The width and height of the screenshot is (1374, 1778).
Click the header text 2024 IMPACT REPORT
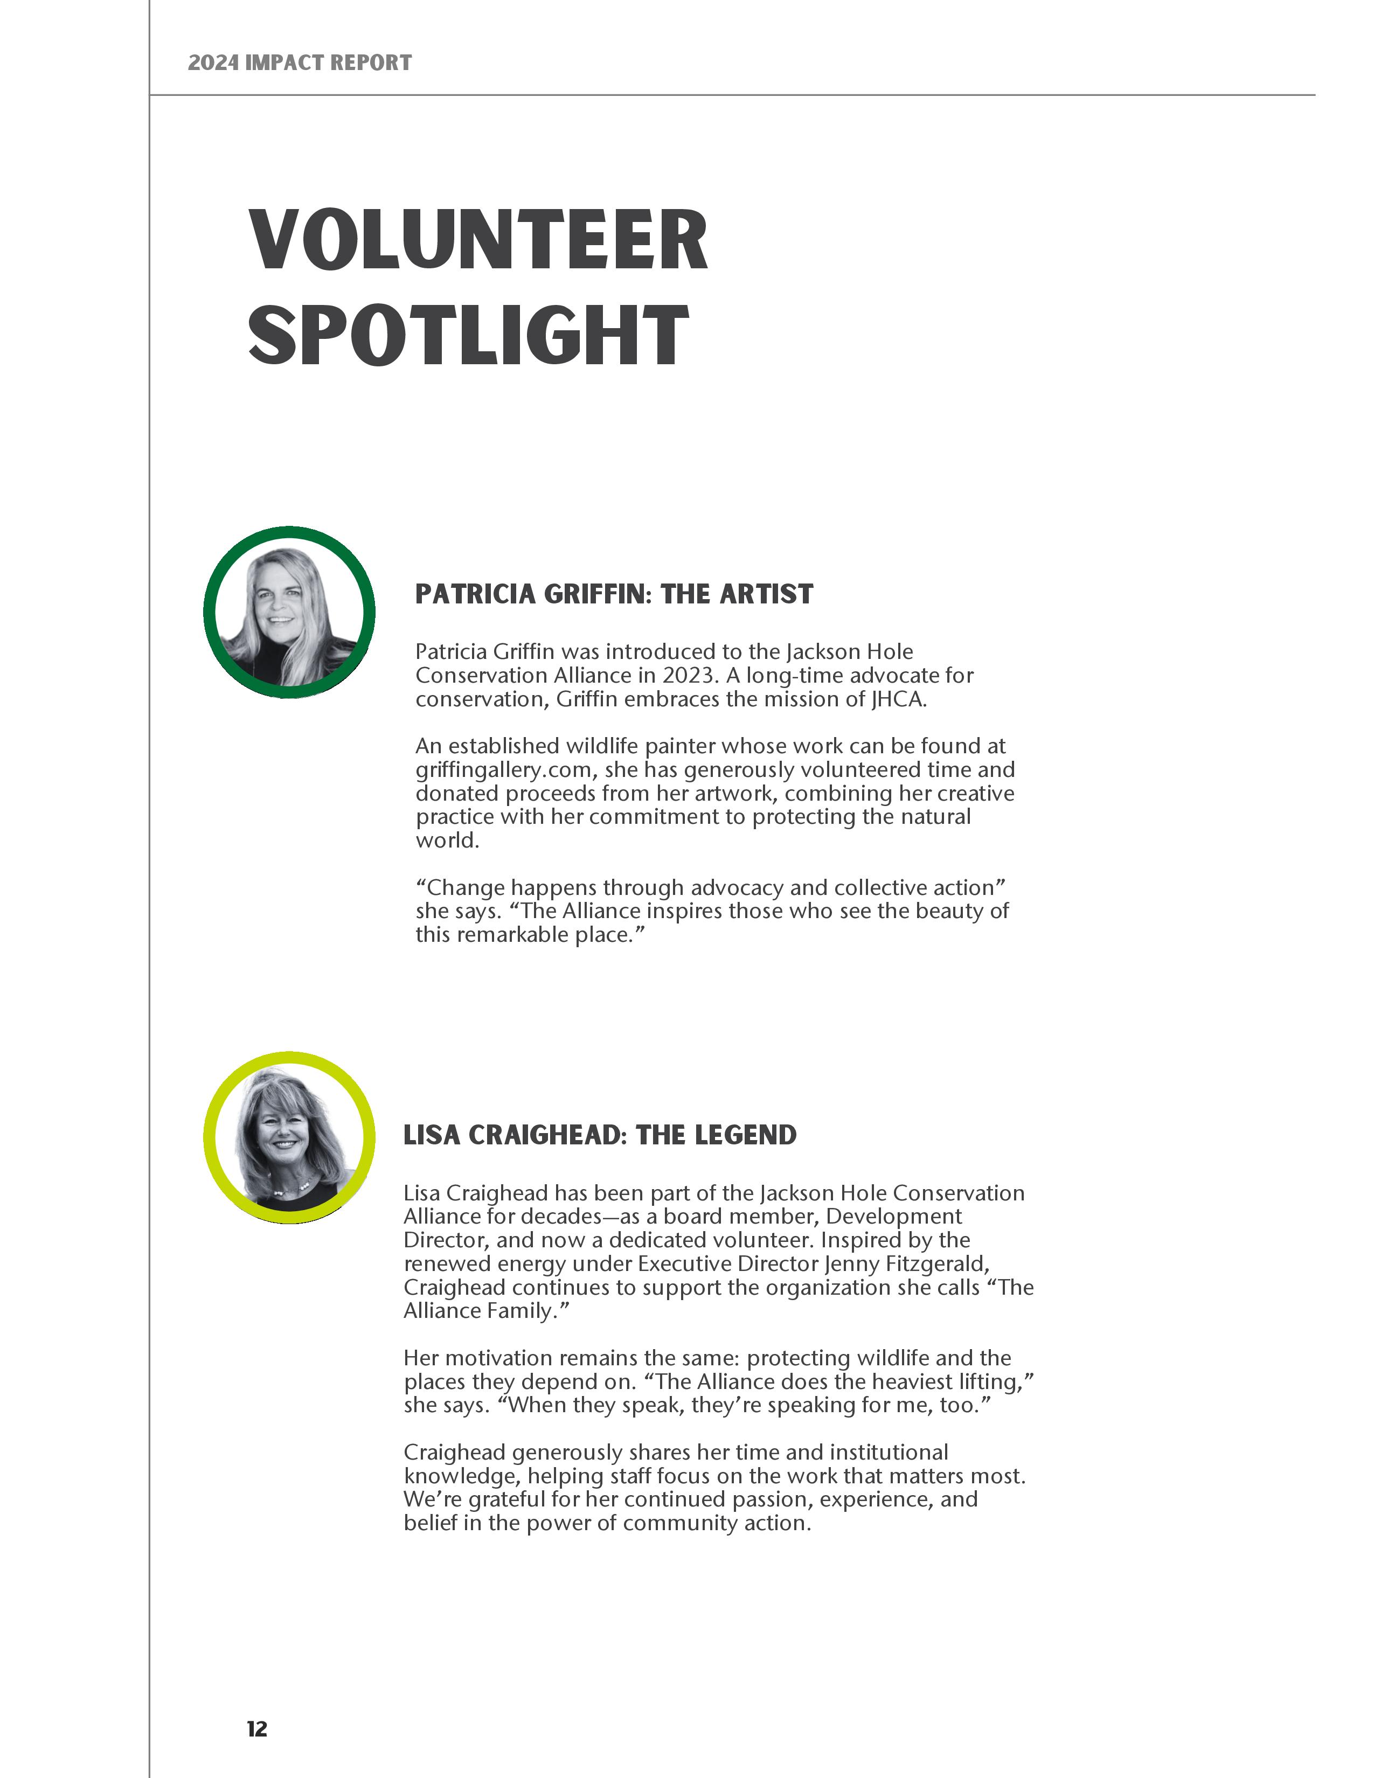point(300,62)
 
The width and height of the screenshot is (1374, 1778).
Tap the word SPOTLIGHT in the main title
point(468,336)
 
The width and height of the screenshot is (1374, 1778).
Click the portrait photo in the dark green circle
point(289,612)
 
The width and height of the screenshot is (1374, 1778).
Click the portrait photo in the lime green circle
point(289,1137)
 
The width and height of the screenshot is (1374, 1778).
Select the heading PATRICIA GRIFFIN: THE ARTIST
point(614,594)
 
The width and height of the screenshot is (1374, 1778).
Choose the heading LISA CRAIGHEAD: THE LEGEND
point(600,1135)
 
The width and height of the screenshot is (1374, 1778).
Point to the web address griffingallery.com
point(507,770)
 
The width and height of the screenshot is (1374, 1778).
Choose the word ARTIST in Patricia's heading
point(766,594)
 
